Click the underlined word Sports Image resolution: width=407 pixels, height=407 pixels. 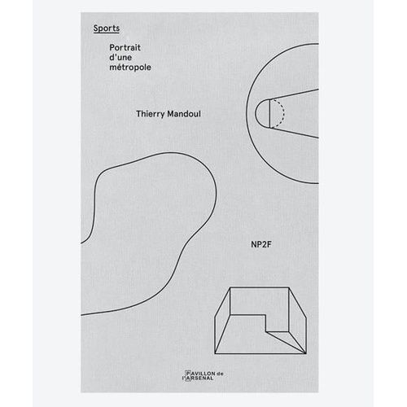click(107, 28)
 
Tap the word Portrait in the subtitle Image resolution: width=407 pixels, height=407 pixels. click(125, 47)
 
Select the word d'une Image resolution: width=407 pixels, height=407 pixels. click(120, 57)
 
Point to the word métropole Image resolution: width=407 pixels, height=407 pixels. click(130, 67)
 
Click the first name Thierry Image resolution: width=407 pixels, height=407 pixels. click(151, 114)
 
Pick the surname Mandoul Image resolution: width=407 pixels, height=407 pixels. click(184, 114)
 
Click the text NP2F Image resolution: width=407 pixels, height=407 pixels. click(261, 244)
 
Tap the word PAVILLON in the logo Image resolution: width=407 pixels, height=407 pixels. click(200, 374)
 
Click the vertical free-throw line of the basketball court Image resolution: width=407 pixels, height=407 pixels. click(269, 113)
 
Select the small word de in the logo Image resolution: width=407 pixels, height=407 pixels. click(220, 374)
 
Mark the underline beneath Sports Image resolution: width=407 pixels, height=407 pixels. click(107, 33)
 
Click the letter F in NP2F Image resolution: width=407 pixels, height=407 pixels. click(269, 244)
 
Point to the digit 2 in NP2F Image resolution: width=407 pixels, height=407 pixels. click(263, 244)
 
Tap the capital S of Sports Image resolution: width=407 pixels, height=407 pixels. click(96, 28)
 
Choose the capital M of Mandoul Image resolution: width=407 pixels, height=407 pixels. click(171, 114)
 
